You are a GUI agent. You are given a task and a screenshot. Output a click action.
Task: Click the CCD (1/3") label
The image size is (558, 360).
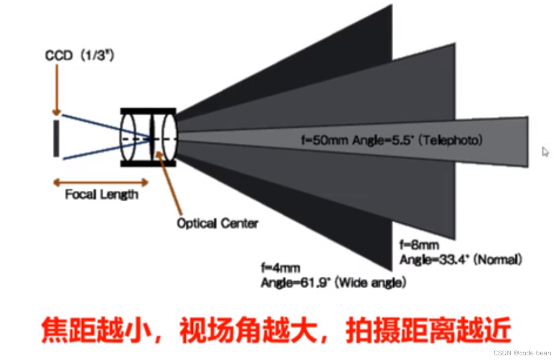[x=79, y=56]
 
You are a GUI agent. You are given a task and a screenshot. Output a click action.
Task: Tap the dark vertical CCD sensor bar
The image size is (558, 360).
[x=57, y=138]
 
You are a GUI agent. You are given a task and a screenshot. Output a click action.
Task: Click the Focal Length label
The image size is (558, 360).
[x=101, y=194]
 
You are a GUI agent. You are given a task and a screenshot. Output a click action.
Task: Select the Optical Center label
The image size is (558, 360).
[x=217, y=223]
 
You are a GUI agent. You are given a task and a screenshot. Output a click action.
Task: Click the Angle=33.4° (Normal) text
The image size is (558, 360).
[x=460, y=260]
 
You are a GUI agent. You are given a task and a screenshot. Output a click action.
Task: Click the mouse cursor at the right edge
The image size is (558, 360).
[x=545, y=152]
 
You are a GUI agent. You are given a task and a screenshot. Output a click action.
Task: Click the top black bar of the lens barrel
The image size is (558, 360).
[x=148, y=111]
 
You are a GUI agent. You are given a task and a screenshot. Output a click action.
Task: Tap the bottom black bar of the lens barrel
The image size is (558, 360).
[x=148, y=163]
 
